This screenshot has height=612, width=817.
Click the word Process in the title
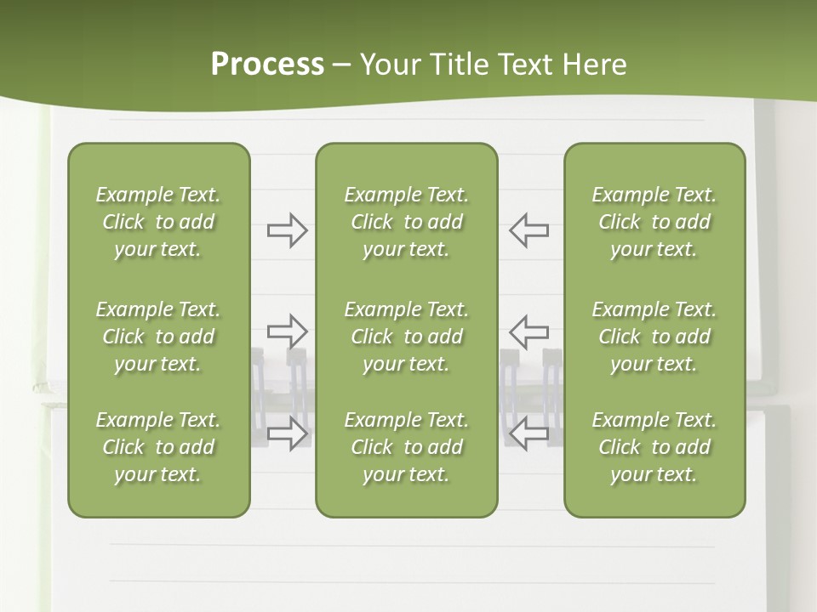[267, 65]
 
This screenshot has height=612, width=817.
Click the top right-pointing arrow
[287, 230]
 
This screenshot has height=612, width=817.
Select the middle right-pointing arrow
[287, 331]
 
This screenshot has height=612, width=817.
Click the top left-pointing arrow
[529, 230]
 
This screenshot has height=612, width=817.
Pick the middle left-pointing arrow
[529, 331]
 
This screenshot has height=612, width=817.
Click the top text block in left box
[158, 222]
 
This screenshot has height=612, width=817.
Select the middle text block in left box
[158, 337]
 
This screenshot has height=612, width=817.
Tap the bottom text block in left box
[158, 447]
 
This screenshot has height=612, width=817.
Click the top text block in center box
[406, 222]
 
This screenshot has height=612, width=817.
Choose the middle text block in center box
[406, 337]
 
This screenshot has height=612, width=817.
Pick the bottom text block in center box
[406, 447]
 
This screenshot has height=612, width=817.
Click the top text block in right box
[654, 222]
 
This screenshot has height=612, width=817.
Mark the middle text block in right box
[654, 337]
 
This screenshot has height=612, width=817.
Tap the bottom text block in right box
[654, 447]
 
